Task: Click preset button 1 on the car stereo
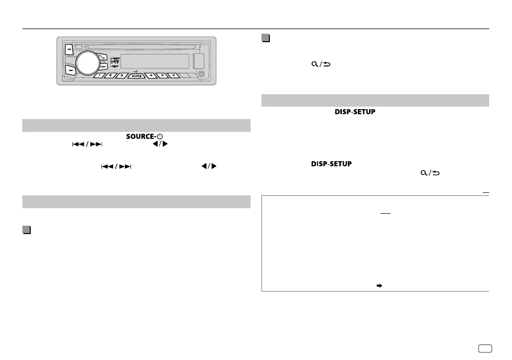(99, 76)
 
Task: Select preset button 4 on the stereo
(151, 76)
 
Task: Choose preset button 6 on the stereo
(173, 76)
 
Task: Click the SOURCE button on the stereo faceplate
(135, 76)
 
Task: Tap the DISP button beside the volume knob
(103, 66)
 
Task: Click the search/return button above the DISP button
(101, 56)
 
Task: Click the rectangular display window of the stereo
(154, 61)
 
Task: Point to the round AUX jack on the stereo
(201, 74)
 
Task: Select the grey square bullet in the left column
(26, 231)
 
